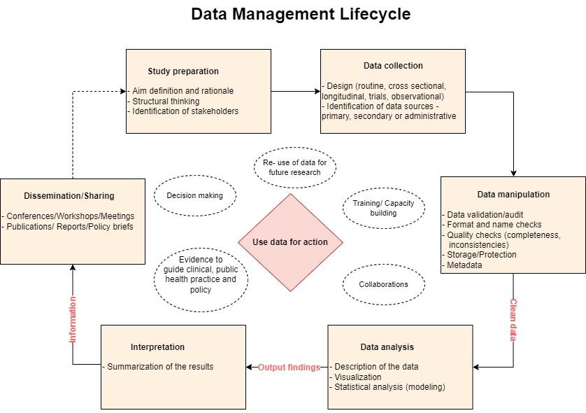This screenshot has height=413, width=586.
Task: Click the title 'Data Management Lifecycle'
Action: tap(301, 14)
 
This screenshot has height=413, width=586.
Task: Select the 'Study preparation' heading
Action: tap(183, 71)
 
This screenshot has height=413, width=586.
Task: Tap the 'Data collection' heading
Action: tap(393, 66)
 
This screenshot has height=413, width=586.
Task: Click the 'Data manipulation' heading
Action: tap(513, 194)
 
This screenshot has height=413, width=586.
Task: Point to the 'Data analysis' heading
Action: tap(387, 346)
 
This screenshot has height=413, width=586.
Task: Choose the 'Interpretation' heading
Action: tap(157, 346)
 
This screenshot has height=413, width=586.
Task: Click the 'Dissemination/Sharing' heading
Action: tap(69, 196)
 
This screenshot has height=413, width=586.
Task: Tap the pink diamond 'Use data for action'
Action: tap(290, 242)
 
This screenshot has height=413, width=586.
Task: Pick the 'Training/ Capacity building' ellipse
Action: tap(383, 208)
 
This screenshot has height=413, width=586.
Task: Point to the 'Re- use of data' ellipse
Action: tap(295, 167)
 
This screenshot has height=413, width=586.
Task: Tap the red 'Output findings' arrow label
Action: tap(289, 367)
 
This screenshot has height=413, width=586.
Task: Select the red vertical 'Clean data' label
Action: tap(513, 320)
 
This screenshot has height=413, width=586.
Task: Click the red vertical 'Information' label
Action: tap(73, 319)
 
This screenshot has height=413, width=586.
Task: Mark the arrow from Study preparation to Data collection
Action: tap(296, 91)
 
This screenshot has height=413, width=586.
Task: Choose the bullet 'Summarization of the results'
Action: tap(158, 367)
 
